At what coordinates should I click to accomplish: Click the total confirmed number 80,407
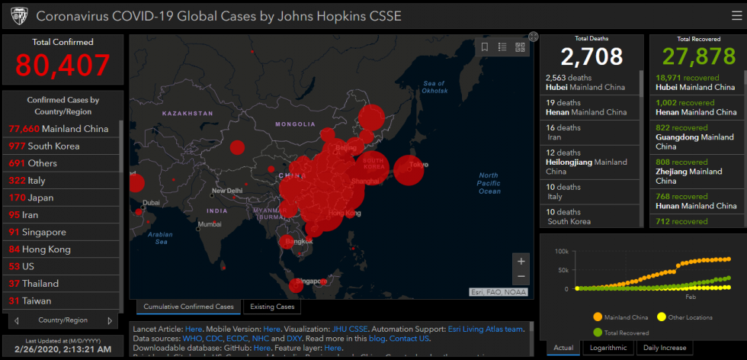63,66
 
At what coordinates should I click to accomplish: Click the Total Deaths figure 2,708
592,56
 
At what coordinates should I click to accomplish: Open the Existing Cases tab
272,307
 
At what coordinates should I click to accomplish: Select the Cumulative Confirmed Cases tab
188,307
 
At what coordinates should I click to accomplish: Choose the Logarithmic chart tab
608,348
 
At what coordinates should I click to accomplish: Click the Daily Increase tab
664,348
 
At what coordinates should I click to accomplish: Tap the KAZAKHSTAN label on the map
187,113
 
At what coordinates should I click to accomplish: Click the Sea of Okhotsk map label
434,87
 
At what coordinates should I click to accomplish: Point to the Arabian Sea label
162,238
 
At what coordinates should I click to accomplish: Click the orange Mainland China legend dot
597,317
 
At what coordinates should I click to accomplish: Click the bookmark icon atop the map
485,47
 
